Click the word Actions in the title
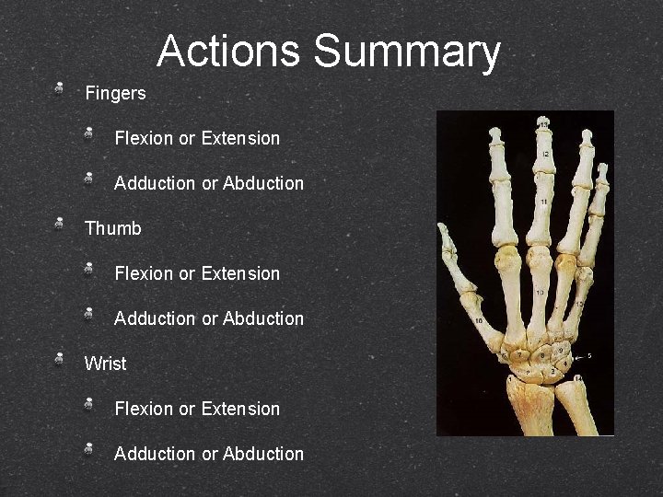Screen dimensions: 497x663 tap(228, 52)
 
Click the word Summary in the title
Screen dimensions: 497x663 tap(406, 53)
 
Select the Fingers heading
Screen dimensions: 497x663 tap(115, 93)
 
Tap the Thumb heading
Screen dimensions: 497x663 tap(113, 228)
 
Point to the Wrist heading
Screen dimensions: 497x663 tap(106, 364)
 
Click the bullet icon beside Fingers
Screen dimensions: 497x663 tap(59, 89)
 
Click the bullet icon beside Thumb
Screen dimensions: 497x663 tap(59, 224)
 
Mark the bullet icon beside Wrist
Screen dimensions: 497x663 tap(59, 359)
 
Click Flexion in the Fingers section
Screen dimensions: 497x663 tap(144, 138)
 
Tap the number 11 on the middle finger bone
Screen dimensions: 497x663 tap(544, 201)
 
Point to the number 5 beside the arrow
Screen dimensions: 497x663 tap(589, 354)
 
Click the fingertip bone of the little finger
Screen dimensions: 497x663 tap(603, 172)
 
